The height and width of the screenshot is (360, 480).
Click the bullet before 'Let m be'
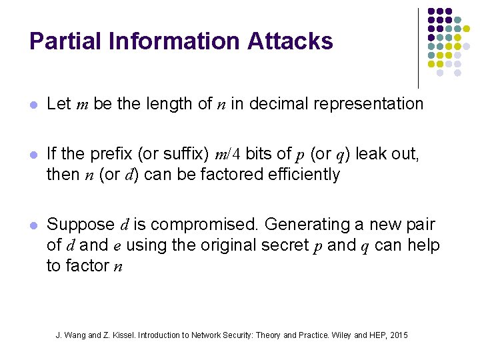point(34,105)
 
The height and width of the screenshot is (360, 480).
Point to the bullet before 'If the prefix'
point(34,155)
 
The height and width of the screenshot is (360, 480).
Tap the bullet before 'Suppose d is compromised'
point(34,225)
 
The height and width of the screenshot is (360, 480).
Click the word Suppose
point(81,225)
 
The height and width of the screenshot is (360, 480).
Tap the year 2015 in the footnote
point(399,335)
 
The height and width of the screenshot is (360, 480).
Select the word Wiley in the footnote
point(341,335)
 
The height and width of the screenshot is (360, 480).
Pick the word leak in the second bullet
point(369,154)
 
